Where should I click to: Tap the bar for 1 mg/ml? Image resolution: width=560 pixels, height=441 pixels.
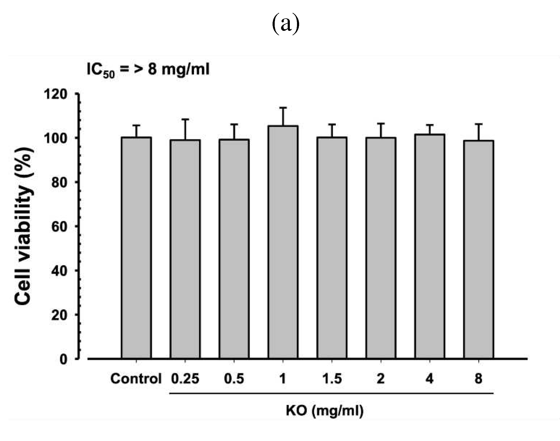click(283, 242)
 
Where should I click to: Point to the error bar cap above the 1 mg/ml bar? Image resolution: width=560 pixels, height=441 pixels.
click(283, 108)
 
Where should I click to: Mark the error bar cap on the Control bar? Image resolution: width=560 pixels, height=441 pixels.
click(136, 125)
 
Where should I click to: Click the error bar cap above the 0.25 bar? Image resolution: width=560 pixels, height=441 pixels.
click(185, 119)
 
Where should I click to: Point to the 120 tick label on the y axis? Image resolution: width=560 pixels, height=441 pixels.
click(55, 94)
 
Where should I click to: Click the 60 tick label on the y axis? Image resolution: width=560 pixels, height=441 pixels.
click(59, 226)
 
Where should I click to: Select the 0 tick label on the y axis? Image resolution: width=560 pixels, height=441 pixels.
click(63, 359)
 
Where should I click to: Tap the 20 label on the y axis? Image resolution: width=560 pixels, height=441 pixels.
click(59, 315)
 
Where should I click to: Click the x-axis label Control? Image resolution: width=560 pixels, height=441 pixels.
click(136, 379)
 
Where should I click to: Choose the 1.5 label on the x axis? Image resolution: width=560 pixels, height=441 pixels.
click(332, 379)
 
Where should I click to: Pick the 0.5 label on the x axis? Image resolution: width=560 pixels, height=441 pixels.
click(234, 379)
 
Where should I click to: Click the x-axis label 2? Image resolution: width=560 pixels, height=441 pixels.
click(381, 379)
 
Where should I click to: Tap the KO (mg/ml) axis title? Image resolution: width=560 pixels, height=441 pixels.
click(324, 411)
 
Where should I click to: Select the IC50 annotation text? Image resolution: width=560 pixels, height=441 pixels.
click(148, 70)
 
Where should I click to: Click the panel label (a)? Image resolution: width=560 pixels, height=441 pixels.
click(286, 24)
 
